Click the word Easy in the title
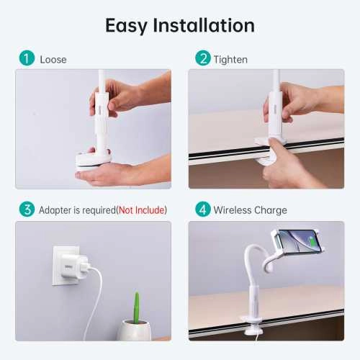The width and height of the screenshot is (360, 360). (x=127, y=26)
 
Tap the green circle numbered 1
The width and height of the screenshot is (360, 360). (x=27, y=58)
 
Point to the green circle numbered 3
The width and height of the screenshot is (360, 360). (x=27, y=210)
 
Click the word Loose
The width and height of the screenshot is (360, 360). (x=53, y=59)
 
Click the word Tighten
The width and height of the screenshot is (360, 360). (x=231, y=59)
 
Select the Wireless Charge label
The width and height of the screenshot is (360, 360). (x=250, y=210)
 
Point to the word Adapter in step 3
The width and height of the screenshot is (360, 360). (x=56, y=210)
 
